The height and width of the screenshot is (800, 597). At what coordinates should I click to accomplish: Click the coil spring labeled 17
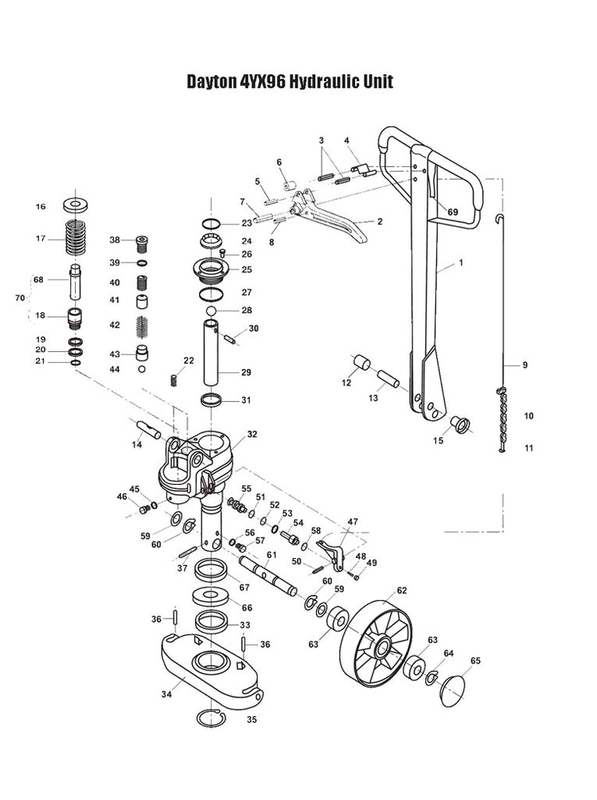click(x=79, y=238)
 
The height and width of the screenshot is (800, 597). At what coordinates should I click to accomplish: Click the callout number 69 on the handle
click(x=453, y=212)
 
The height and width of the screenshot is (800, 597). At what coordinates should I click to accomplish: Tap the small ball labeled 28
click(x=212, y=310)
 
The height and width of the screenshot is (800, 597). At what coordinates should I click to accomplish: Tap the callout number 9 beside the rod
click(x=525, y=365)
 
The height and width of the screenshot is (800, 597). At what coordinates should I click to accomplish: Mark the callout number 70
click(x=21, y=297)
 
